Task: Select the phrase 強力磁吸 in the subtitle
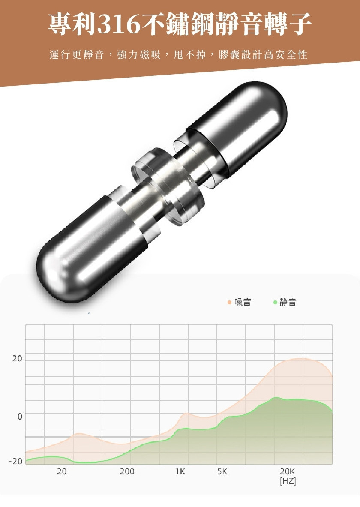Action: (139, 55)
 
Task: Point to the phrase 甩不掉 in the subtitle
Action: (190, 55)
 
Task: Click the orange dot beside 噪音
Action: (229, 302)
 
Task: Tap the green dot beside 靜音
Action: (275, 302)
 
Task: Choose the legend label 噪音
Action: (243, 302)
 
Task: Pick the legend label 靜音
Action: (288, 302)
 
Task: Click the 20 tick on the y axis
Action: (17, 359)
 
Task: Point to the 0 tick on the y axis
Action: (19, 417)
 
